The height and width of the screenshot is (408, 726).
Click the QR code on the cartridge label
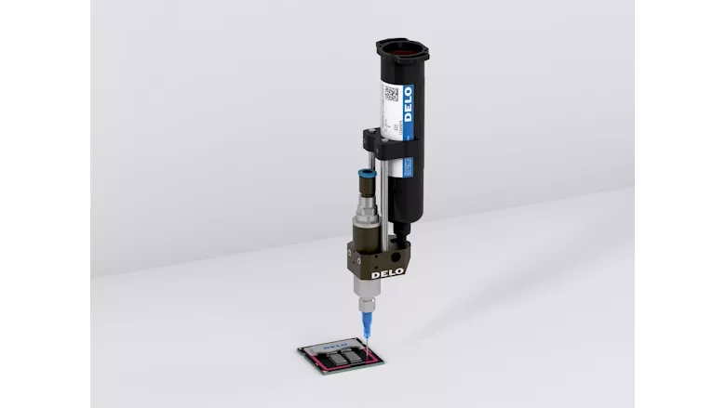[393, 93]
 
